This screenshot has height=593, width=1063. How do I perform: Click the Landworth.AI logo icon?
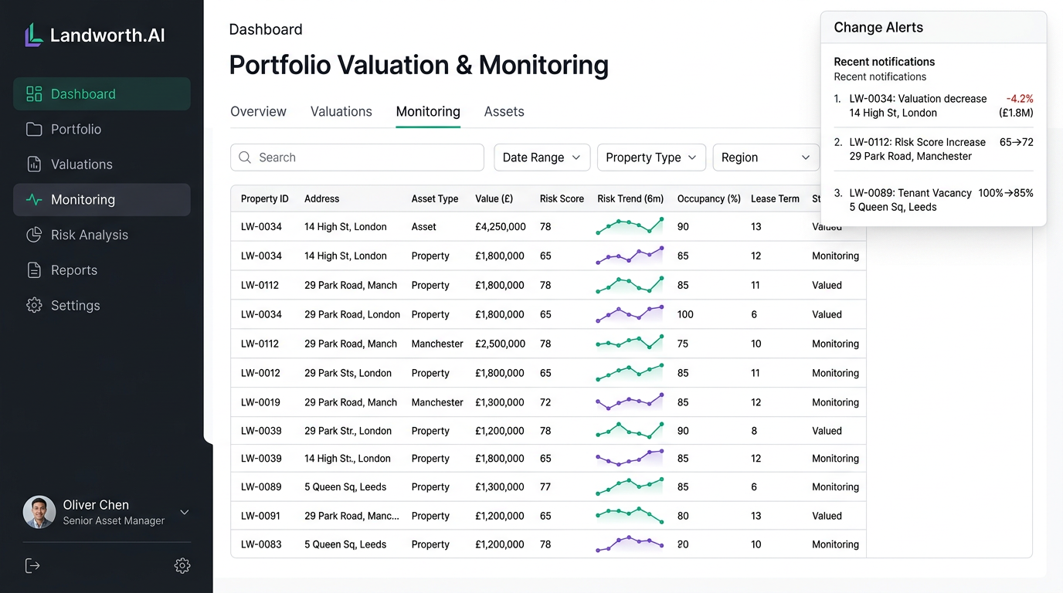pyautogui.click(x=33, y=35)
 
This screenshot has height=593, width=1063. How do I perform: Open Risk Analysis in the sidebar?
pyautogui.click(x=89, y=235)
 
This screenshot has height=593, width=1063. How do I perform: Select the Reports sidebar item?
pyautogui.click(x=73, y=270)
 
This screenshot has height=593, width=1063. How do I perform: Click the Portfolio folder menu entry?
pyautogui.click(x=76, y=129)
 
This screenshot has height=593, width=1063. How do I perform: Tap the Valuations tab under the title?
pyautogui.click(x=341, y=111)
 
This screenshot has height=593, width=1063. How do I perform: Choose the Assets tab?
pyautogui.click(x=504, y=111)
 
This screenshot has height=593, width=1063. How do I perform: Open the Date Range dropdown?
pyautogui.click(x=542, y=158)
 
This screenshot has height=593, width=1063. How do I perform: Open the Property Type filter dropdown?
pyautogui.click(x=650, y=158)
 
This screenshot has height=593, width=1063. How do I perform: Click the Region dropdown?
pyautogui.click(x=765, y=158)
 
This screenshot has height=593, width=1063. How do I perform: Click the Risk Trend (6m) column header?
pyautogui.click(x=630, y=198)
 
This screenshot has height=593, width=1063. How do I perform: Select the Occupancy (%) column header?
pyautogui.click(x=708, y=198)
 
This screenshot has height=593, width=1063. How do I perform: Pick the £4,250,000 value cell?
pyautogui.click(x=500, y=227)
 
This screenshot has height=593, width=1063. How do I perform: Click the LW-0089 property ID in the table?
pyautogui.click(x=261, y=487)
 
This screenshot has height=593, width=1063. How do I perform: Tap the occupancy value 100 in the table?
pyautogui.click(x=685, y=315)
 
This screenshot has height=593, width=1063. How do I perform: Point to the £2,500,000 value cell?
pyautogui.click(x=500, y=344)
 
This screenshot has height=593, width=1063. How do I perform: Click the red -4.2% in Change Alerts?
pyautogui.click(x=1019, y=99)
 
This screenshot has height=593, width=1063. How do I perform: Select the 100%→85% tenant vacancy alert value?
pyautogui.click(x=1005, y=193)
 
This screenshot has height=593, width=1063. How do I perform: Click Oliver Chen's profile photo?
pyautogui.click(x=39, y=512)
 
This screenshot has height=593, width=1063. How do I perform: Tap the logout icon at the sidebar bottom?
pyautogui.click(x=32, y=566)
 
